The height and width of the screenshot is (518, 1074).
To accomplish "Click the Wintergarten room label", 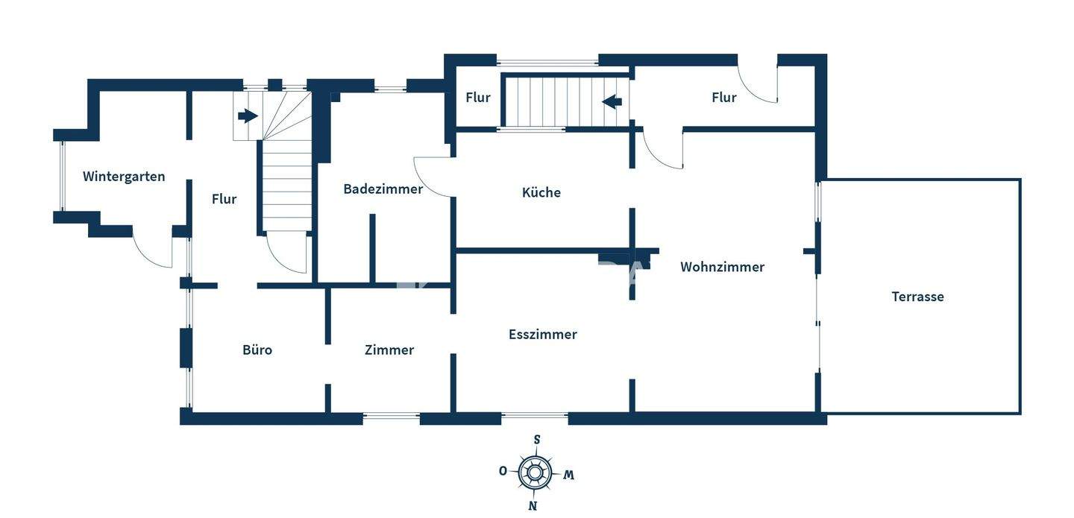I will pos(124,177).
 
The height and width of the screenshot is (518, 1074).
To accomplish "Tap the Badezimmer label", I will pos(383,189).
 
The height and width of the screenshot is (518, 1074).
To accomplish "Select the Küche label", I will pos(541,192).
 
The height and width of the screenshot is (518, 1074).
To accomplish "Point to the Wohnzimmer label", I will pos(722,267).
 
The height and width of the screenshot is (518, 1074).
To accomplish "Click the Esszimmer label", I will pos(543,335).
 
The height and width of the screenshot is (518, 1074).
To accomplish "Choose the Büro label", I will pos(257,350).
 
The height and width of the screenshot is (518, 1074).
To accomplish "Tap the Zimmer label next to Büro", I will pos(389,350).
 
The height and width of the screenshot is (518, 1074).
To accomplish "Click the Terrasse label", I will pos(917,297).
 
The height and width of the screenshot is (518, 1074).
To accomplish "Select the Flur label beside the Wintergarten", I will pos(224,199).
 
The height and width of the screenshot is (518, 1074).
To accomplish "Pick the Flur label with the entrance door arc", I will pos(723,98).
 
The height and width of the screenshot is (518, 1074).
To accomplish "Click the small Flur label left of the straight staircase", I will pos(478,98).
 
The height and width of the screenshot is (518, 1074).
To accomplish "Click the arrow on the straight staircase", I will pos(612,101).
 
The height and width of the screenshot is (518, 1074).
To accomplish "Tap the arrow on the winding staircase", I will pos(248,116).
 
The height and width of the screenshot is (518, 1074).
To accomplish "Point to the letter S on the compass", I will pos(537,440).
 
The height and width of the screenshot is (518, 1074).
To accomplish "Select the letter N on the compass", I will pos(533,506).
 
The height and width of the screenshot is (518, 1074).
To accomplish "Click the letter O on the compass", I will pos(503,470).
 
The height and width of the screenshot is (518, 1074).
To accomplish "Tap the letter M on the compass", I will pos(568,475).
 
